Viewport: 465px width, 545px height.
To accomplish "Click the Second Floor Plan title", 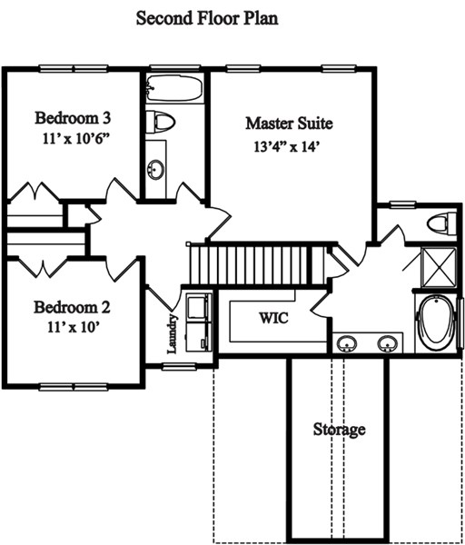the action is coord(207,18).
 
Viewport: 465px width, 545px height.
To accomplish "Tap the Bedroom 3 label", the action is coord(73,118).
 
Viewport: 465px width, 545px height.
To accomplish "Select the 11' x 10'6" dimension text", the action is coord(76,139).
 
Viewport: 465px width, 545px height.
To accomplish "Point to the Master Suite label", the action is coord(289,124).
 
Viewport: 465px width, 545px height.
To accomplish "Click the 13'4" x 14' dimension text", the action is coord(287,146).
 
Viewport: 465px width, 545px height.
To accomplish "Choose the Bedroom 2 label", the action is coord(72,307).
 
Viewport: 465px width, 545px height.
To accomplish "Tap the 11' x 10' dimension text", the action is coord(74,327).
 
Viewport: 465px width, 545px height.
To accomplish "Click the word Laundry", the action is coord(173,333).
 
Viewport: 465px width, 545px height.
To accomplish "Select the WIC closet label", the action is coord(273,318).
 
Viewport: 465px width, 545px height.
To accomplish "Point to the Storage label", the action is coord(339,430).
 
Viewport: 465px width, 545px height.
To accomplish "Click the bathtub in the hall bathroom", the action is coord(173,88).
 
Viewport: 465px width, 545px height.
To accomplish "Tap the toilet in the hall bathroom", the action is coord(160,122).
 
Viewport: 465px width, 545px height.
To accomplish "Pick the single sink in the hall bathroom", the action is coord(155,170).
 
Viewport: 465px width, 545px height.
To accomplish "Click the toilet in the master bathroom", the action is coord(441,223).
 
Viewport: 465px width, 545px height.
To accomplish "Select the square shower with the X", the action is coord(438,267).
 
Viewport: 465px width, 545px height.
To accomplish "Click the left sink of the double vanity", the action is coord(347,343).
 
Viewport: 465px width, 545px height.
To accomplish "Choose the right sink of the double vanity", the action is coord(388,343).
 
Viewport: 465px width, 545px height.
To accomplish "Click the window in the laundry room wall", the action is coord(179,367).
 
